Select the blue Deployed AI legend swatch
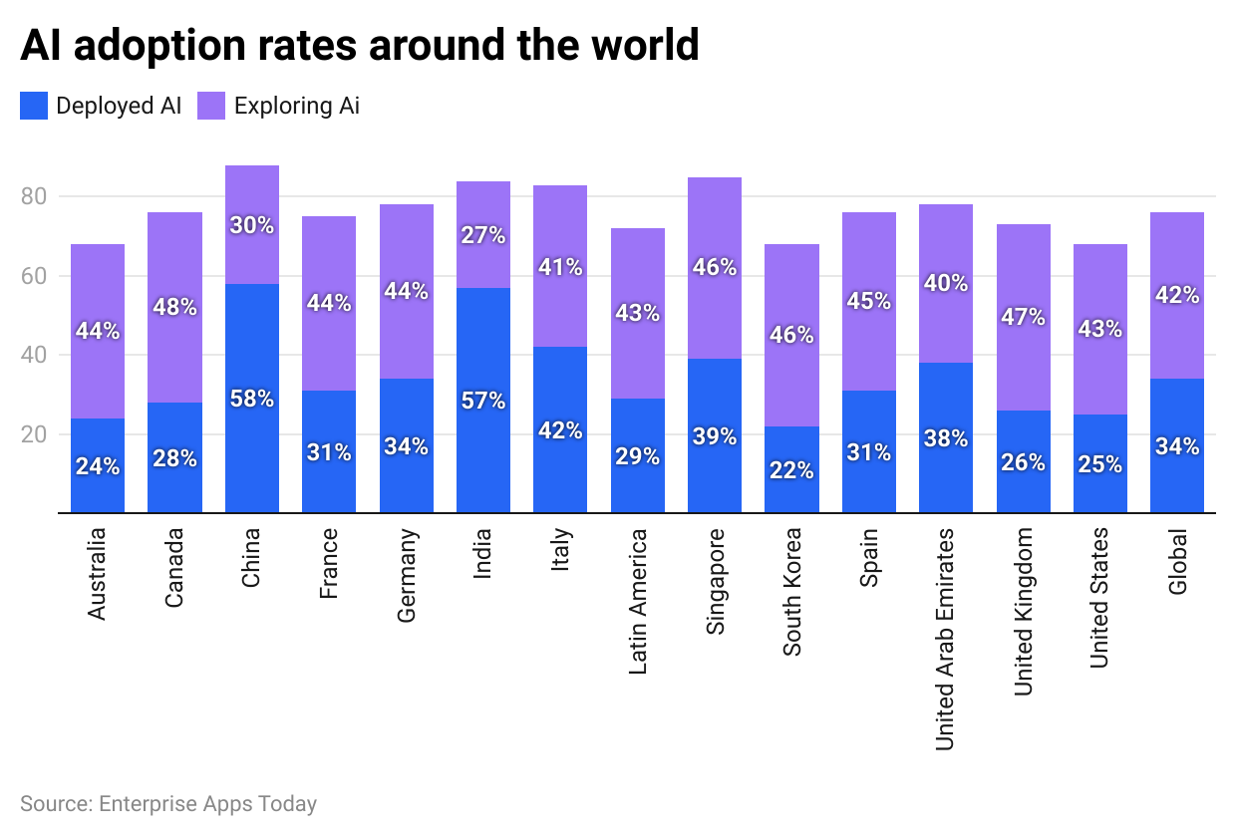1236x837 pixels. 33,106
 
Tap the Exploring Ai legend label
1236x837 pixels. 296,106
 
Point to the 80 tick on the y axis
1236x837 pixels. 34,196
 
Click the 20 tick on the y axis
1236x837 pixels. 34,434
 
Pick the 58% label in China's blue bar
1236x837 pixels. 251,399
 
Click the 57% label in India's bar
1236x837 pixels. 483,401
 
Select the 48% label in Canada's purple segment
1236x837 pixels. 174,307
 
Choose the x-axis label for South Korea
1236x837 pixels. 791,592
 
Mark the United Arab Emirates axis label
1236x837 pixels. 945,639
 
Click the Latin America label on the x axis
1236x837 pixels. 638,601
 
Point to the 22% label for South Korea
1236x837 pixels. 791,470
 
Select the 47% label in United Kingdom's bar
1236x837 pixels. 1023,317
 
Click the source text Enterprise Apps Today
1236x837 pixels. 168,803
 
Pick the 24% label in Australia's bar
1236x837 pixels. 98,466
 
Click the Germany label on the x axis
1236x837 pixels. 406,576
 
